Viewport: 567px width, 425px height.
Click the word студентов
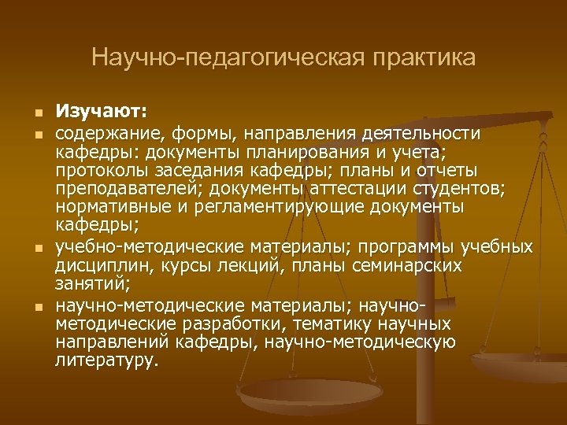point(456,189)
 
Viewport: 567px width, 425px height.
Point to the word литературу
point(106,360)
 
